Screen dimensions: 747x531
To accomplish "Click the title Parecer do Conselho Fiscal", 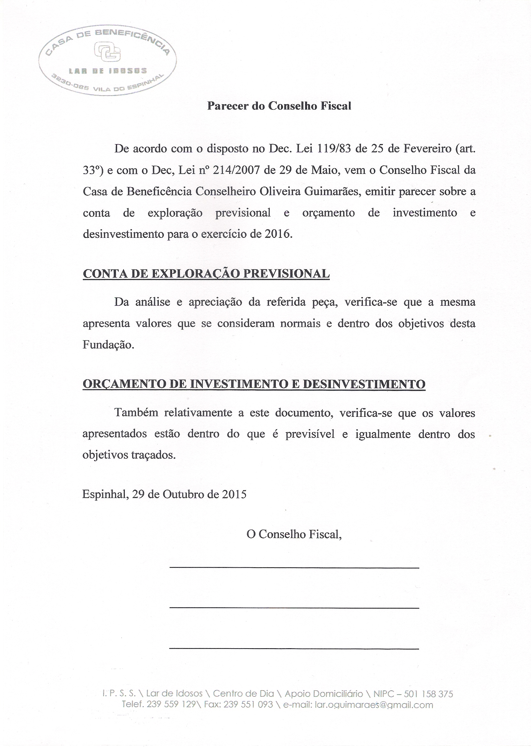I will pyautogui.click(x=279, y=106).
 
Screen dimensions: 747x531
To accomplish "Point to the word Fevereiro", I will pyautogui.click(x=425, y=149).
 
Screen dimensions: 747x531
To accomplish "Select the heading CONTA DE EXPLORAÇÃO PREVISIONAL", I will pyautogui.click(x=206, y=274).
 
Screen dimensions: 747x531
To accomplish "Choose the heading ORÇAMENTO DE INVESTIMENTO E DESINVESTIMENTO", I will pyautogui.click(x=254, y=384).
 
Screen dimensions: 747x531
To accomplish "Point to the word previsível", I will pyautogui.click(x=310, y=434).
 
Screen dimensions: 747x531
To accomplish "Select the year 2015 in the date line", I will pyautogui.click(x=234, y=494).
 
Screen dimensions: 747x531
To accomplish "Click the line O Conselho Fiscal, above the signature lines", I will pyautogui.click(x=294, y=534).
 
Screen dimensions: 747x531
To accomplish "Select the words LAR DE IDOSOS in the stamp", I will pyautogui.click(x=107, y=71).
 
